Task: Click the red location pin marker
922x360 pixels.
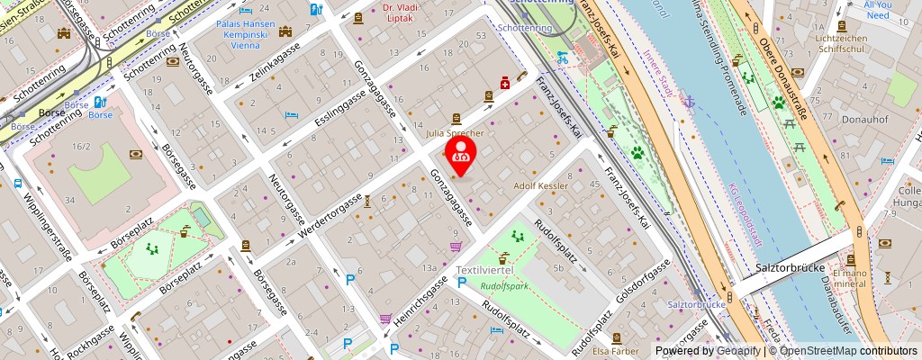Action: (x=461, y=155)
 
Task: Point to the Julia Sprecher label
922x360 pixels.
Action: (x=455, y=133)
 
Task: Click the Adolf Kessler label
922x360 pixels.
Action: (x=541, y=185)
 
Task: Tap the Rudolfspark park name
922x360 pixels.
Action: (x=502, y=286)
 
